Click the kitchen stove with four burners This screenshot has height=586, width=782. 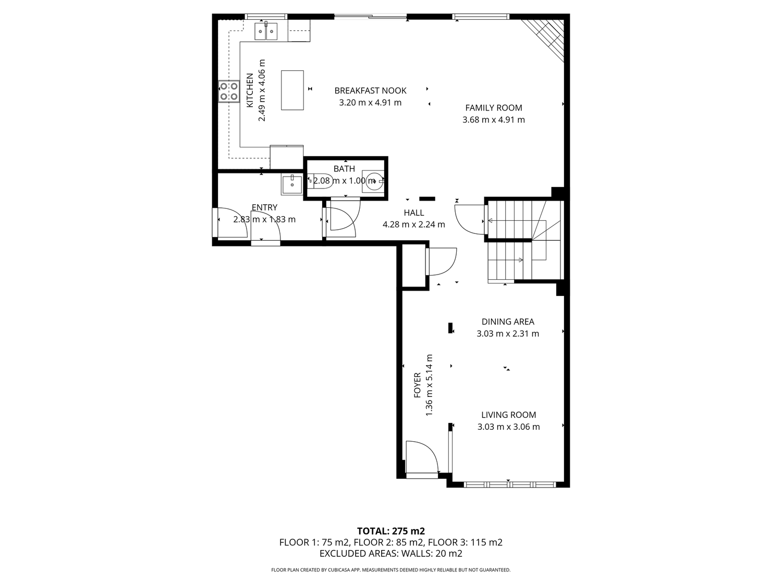click(x=229, y=91)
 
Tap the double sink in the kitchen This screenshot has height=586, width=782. click(x=266, y=31)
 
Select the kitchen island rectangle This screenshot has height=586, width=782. click(x=292, y=90)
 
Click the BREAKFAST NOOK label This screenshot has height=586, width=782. click(x=370, y=91)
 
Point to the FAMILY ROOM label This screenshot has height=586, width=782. click(x=493, y=108)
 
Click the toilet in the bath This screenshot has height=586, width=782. click(x=320, y=181)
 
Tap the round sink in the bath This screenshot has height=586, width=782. click(x=373, y=181)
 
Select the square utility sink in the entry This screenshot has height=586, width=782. click(x=292, y=184)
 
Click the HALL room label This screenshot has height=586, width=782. click(x=413, y=213)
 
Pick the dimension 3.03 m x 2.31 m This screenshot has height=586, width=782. click(x=508, y=334)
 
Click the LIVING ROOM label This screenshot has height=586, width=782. click(x=508, y=415)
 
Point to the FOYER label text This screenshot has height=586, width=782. click(x=418, y=385)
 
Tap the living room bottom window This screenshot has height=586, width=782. click(x=509, y=484)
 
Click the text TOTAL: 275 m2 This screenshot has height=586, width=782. click(x=391, y=531)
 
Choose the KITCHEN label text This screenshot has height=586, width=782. click(x=250, y=90)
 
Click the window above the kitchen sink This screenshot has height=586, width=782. click(x=266, y=16)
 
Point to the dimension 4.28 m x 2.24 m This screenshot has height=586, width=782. click(x=413, y=225)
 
